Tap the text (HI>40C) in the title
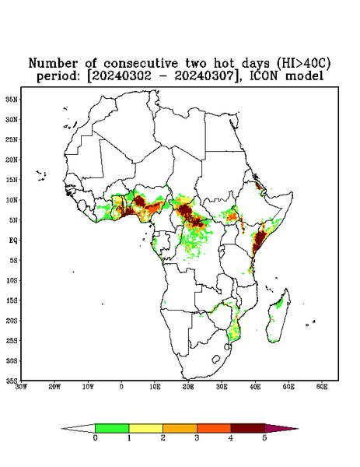[304, 63]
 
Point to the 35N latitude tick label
[12, 99]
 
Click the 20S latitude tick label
[12, 321]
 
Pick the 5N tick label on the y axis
[13, 219]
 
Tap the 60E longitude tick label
[322, 387]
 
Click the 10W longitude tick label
[88, 387]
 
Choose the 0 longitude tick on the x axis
[121, 387]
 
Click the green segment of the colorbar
[112, 428]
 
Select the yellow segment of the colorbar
[145, 428]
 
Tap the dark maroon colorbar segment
[248, 428]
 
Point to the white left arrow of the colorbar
[79, 428]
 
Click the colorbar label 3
[197, 438]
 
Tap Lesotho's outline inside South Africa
[215, 359]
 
